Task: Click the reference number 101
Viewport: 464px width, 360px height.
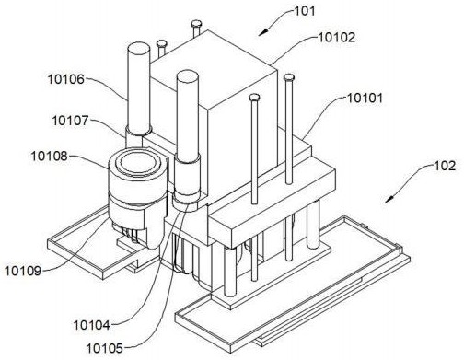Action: (x=305, y=11)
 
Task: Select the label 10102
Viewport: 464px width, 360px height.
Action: (x=336, y=38)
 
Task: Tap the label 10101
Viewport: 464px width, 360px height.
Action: (x=365, y=99)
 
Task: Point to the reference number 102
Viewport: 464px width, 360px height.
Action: (x=445, y=166)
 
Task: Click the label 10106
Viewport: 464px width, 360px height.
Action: (x=65, y=79)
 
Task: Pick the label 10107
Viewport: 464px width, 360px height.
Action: (x=70, y=121)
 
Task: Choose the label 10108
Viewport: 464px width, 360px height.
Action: (x=49, y=157)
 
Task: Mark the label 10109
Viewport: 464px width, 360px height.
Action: (x=23, y=271)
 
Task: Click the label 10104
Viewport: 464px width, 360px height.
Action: (x=91, y=325)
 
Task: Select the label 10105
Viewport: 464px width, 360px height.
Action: (x=105, y=348)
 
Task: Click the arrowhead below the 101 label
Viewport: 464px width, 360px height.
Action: (x=263, y=32)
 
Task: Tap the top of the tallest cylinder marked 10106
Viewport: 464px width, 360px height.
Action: (x=139, y=49)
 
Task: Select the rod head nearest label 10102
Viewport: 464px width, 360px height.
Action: (x=289, y=77)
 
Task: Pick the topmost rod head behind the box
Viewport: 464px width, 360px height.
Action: (x=196, y=23)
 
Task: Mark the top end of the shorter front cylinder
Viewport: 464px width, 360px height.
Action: (x=187, y=76)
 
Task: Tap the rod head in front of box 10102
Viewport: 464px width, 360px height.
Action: (x=254, y=98)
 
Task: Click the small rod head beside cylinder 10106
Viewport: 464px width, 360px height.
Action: (x=161, y=43)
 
